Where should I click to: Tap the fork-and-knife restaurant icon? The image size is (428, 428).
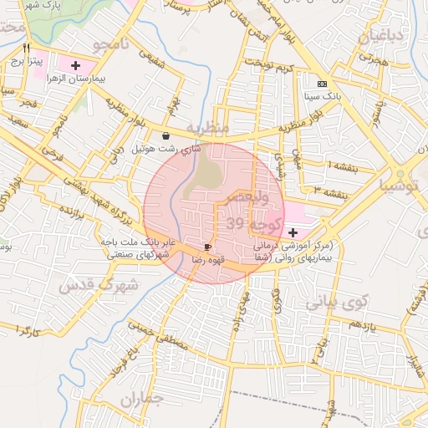point(27,48)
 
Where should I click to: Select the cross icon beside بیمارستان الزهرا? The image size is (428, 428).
point(76,64)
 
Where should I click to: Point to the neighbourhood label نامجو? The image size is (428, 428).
point(112,43)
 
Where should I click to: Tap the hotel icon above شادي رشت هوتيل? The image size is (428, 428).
point(166,135)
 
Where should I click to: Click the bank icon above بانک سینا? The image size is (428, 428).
point(323,84)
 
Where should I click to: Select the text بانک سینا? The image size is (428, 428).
point(323,96)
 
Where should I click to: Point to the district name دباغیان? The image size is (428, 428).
point(382,36)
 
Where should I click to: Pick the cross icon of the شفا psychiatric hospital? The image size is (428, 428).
point(293,232)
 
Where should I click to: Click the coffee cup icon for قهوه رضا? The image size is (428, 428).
point(207,247)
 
